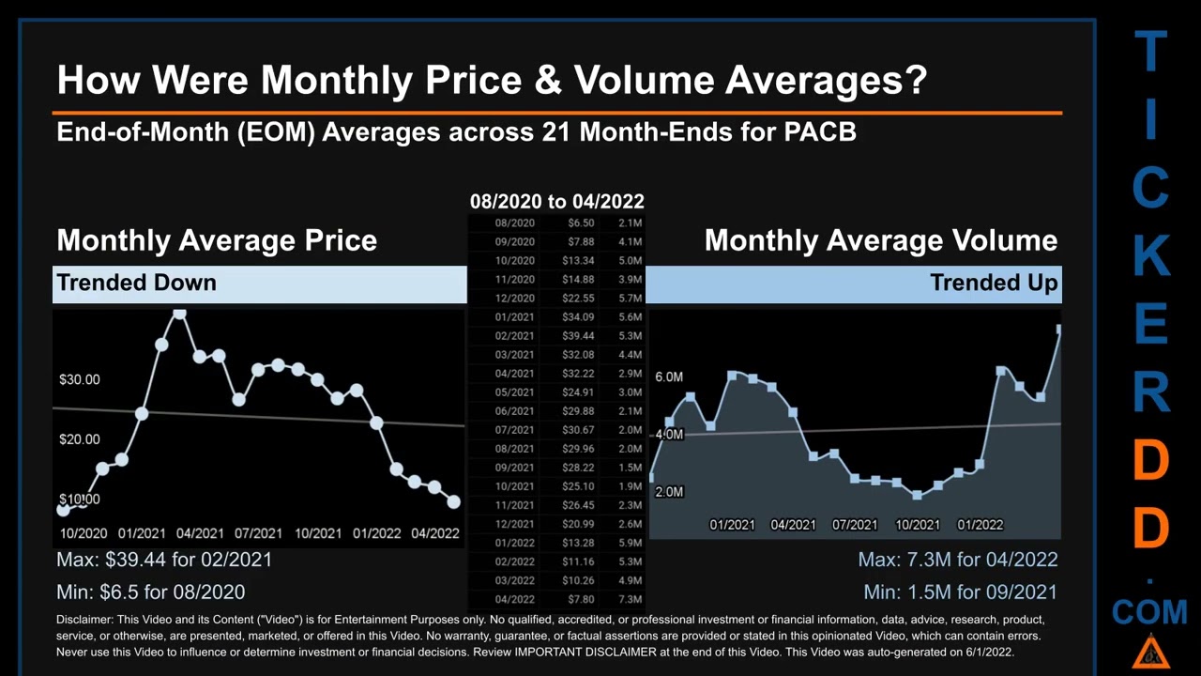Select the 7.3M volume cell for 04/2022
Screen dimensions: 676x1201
tap(631, 599)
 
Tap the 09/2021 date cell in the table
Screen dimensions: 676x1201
tap(514, 468)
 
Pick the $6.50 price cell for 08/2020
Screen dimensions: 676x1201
tap(581, 223)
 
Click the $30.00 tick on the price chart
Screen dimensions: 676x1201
tap(79, 379)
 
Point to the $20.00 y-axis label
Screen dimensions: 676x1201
tap(79, 439)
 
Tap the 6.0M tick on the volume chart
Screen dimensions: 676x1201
tap(669, 376)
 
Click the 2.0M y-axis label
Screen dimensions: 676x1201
tap(669, 492)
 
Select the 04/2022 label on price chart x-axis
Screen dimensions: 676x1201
tap(434, 533)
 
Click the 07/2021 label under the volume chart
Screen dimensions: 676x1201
tap(855, 525)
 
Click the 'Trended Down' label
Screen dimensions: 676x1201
tap(136, 283)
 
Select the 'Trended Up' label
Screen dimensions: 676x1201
tap(994, 283)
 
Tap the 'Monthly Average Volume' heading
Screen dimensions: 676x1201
tap(880, 240)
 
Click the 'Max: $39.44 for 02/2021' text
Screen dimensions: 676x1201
tap(164, 560)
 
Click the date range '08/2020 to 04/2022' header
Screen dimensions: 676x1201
tap(556, 202)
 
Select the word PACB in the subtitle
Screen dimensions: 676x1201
tap(819, 131)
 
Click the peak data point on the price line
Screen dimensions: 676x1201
tap(179, 315)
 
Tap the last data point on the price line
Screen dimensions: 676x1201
tap(454, 502)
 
